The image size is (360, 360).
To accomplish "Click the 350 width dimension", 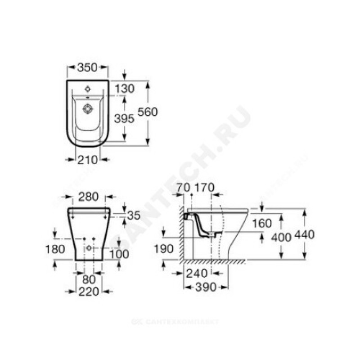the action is [x=87, y=67].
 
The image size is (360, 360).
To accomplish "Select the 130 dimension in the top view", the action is [x=125, y=89].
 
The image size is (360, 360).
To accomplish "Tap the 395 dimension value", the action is [x=124, y=118].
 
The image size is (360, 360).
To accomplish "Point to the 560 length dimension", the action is [x=148, y=112].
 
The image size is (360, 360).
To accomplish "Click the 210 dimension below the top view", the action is [x=87, y=160].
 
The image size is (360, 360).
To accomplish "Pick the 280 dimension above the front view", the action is [x=88, y=197].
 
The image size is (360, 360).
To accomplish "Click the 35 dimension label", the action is [x=134, y=216].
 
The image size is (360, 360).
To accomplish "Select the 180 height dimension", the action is [x=55, y=249].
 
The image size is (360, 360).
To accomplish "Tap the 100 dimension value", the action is [x=119, y=254].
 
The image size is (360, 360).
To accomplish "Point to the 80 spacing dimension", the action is [x=89, y=279].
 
